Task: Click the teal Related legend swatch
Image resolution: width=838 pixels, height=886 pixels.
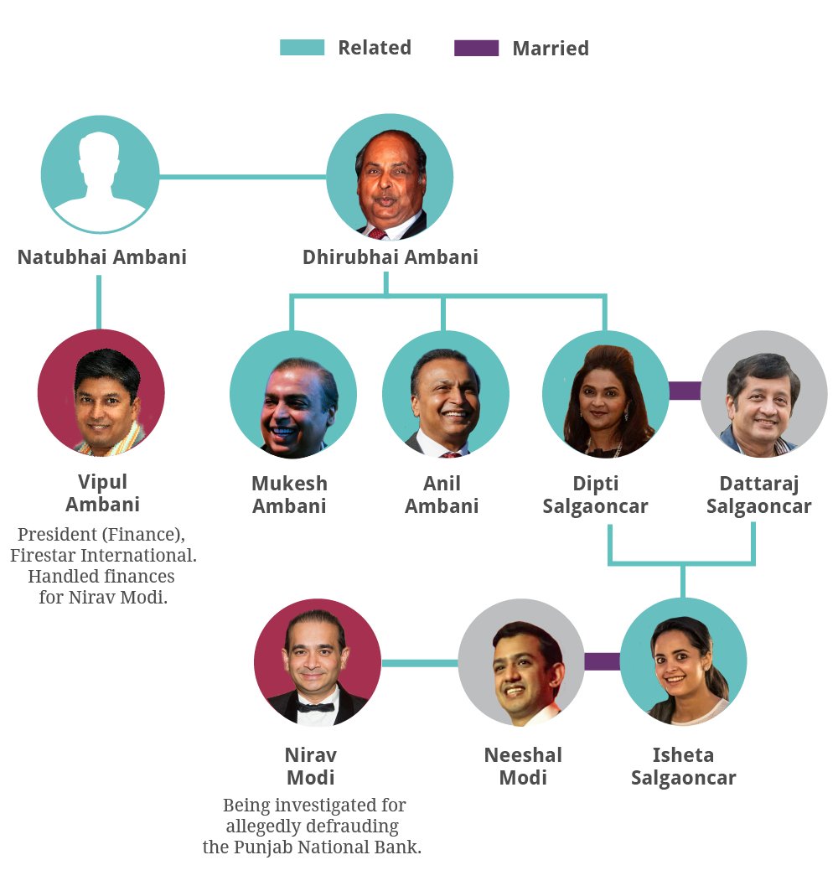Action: [302, 48]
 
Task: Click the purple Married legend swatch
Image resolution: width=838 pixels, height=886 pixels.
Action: [476, 48]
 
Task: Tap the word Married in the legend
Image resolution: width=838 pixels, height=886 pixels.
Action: [551, 49]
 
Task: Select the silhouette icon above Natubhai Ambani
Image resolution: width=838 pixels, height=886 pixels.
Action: [100, 174]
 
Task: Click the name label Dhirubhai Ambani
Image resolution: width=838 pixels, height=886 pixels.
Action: [391, 256]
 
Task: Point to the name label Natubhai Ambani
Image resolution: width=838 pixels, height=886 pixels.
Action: [102, 256]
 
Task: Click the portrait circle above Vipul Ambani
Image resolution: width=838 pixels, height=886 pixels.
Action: [101, 392]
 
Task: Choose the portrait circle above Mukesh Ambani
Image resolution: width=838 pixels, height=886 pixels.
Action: [293, 394]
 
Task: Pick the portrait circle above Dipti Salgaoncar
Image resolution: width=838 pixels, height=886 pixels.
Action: [605, 394]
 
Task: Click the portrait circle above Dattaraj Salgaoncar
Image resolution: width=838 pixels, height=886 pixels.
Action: [763, 394]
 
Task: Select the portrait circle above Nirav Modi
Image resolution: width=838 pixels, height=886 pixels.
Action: [317, 662]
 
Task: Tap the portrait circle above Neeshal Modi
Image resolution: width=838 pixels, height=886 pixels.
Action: [521, 662]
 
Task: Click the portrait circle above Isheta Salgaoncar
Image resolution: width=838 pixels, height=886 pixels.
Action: [683, 662]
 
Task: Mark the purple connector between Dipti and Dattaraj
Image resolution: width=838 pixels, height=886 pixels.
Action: [685, 391]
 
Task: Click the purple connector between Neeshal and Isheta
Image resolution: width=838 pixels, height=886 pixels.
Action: [602, 661]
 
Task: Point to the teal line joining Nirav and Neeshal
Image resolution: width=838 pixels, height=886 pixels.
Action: [420, 663]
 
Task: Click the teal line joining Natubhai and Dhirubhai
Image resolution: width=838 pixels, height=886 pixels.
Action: [242, 177]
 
